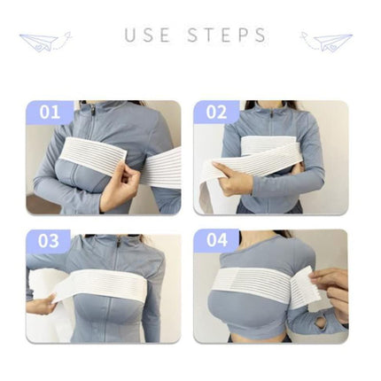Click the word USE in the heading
(x=147, y=35)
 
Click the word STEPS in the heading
(x=227, y=35)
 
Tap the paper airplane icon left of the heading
(x=45, y=43)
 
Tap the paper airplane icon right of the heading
(x=327, y=42)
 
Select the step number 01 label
(x=50, y=112)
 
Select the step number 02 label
(x=216, y=113)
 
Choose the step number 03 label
(x=49, y=241)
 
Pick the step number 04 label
(x=217, y=240)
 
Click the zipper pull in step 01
(x=93, y=112)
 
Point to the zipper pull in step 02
(x=270, y=114)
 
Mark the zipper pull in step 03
(x=119, y=243)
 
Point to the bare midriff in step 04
(x=260, y=336)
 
